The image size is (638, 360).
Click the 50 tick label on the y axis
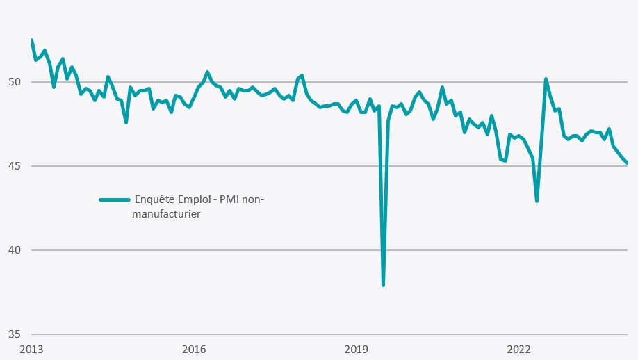(x=15, y=82)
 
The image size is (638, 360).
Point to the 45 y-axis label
(x=15, y=166)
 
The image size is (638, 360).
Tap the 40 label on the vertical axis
(x=15, y=250)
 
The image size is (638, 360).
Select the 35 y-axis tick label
(x=15, y=334)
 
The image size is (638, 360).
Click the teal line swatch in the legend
(x=115, y=199)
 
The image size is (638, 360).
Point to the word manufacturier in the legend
(x=167, y=215)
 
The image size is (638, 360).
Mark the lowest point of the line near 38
(x=383, y=285)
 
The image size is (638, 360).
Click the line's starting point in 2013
(x=32, y=40)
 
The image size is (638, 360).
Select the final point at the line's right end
(x=628, y=163)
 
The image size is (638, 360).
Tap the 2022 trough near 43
(x=537, y=201)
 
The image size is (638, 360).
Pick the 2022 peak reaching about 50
(x=546, y=79)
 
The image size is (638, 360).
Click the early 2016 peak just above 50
(x=207, y=72)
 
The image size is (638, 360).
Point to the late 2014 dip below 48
(x=126, y=122)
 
